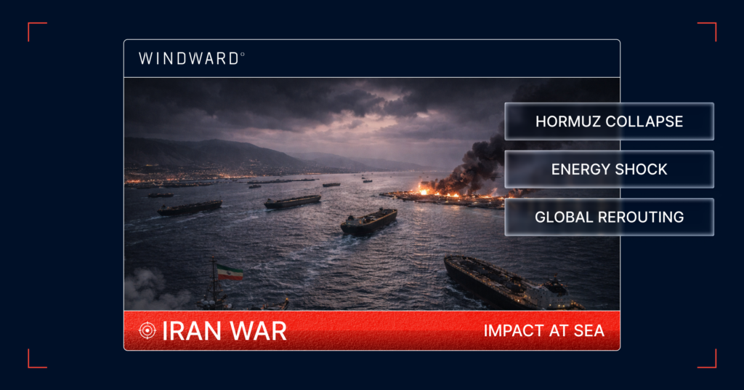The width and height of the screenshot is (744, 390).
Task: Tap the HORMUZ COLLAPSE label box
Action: coord(609,122)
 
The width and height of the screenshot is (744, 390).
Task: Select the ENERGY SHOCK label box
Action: coord(609,170)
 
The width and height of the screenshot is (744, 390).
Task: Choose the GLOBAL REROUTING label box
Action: coord(609,217)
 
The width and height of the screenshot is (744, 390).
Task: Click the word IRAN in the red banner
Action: coord(185,331)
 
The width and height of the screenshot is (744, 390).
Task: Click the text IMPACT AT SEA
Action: coord(543,331)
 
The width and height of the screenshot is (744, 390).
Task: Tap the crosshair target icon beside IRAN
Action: coord(147,331)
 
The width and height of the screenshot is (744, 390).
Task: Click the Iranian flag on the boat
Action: coord(229,272)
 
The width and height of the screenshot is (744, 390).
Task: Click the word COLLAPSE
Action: coord(645,122)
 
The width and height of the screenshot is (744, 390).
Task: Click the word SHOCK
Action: coord(639,170)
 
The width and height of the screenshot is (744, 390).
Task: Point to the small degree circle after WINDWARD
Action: coord(243,54)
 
